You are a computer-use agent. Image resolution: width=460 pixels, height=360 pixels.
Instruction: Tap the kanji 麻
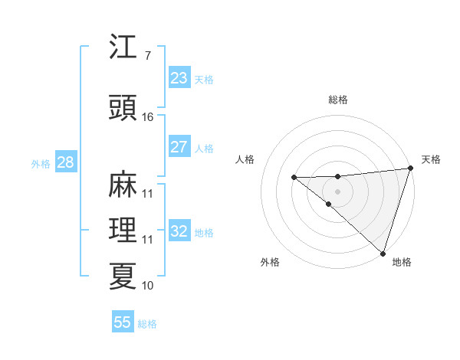(x=123, y=185)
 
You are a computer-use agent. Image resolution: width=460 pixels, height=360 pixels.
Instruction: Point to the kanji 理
(x=123, y=230)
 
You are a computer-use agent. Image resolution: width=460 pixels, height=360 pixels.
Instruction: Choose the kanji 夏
(x=123, y=276)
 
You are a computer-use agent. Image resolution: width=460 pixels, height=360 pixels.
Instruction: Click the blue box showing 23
(x=179, y=77)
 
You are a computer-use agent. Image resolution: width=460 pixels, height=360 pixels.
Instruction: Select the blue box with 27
(x=179, y=147)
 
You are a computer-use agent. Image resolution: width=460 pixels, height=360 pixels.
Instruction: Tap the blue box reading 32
(x=179, y=231)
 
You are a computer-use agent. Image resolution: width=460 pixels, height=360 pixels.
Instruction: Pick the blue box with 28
(x=64, y=162)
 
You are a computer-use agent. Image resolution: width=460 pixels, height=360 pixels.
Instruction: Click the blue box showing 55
(x=123, y=322)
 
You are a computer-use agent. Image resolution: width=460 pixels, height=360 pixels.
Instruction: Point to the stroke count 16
(x=148, y=117)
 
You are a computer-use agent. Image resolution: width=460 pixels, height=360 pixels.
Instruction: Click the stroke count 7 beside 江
(x=147, y=55)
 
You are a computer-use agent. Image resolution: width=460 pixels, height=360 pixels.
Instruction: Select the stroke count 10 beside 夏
(x=148, y=286)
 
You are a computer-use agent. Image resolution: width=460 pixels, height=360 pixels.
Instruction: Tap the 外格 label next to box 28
(x=41, y=163)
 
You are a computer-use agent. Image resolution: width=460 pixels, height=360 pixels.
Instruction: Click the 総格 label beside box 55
(x=147, y=324)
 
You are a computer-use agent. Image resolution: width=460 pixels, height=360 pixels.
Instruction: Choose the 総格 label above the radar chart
(x=337, y=100)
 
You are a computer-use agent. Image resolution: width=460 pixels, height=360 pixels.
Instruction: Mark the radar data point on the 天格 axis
(x=410, y=168)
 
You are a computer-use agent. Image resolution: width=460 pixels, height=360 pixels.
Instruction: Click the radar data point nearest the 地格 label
(x=383, y=253)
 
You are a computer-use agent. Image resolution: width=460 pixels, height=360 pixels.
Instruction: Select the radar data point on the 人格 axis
(x=294, y=178)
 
